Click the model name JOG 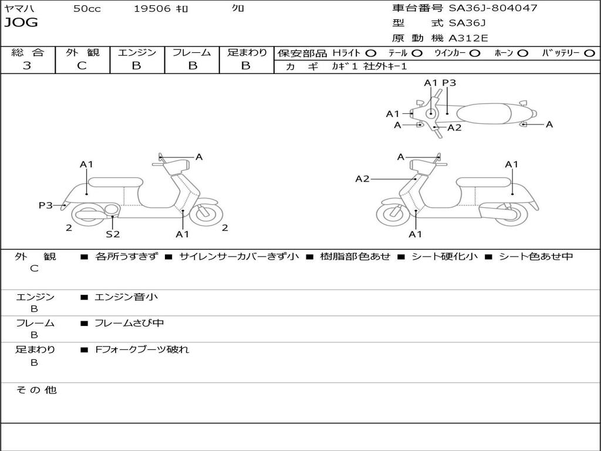click(21, 23)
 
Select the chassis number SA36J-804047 click(492, 8)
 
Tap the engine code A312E click(468, 38)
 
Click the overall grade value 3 click(27, 66)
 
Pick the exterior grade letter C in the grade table click(82, 66)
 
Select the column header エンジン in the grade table click(137, 53)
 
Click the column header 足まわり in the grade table click(247, 53)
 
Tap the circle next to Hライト click(370, 53)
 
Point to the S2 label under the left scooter click(113, 234)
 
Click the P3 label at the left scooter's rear click(45, 206)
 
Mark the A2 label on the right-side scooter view click(362, 179)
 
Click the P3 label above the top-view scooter click(449, 83)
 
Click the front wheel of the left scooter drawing click(205, 214)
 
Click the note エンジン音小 click(126, 297)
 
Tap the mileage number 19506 click(151, 8)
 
